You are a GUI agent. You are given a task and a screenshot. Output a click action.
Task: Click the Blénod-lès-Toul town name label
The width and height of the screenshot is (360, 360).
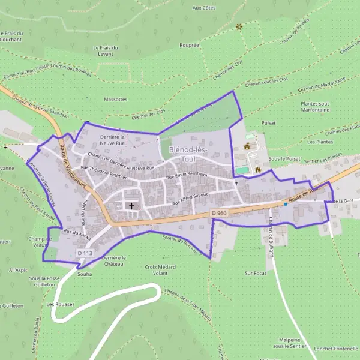(x=190, y=154)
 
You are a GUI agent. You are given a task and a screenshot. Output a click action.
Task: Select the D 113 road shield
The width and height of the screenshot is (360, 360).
(x=84, y=254)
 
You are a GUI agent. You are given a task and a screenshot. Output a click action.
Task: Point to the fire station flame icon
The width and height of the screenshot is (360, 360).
(x=258, y=170)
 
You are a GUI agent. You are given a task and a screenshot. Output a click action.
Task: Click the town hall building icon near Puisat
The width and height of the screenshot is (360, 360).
(x=247, y=146)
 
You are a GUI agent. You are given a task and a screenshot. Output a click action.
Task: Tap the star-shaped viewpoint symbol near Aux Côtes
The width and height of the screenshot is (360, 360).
(x=238, y=26)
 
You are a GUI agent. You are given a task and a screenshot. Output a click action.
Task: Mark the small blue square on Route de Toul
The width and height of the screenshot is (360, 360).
(x=286, y=204)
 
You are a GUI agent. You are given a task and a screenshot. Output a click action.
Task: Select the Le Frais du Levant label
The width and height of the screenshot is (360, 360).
(x=106, y=50)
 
